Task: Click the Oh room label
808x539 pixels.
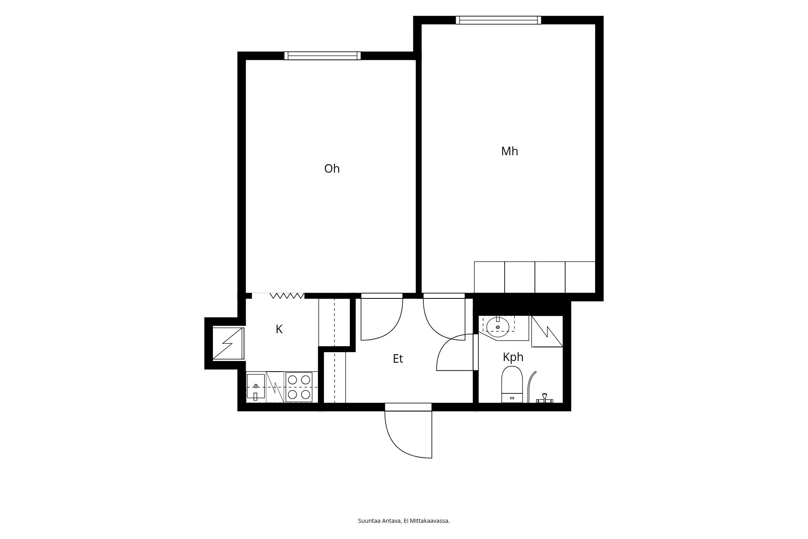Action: [x=332, y=169]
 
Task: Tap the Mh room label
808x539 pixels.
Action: [x=509, y=151]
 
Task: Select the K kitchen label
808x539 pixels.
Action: [x=279, y=329]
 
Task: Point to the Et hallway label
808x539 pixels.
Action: [x=398, y=359]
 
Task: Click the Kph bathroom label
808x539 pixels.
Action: [x=513, y=357]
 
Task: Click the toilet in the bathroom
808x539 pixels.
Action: [x=512, y=384]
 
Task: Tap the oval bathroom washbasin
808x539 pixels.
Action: [x=498, y=327]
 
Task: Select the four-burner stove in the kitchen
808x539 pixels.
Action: [x=299, y=387]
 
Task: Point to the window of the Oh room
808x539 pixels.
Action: [x=322, y=56]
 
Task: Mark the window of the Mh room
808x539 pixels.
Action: [x=499, y=20]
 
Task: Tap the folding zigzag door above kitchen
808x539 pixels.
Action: [x=287, y=296]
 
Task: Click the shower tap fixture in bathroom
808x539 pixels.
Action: [x=544, y=398]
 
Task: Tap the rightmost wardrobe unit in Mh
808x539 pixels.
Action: [x=580, y=277]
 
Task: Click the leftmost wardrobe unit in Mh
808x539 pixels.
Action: [x=490, y=277]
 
